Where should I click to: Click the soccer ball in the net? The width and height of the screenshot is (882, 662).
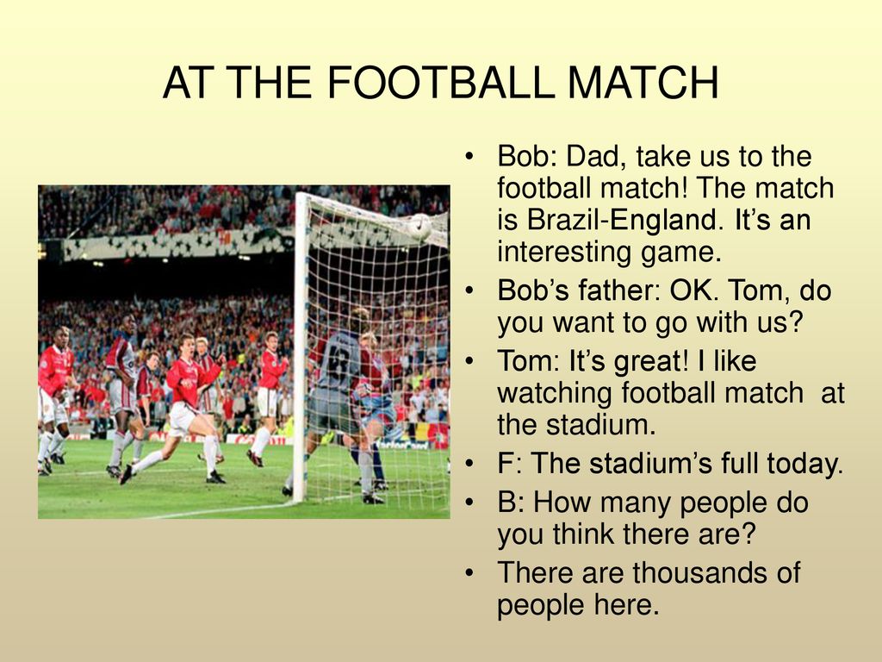tap(419, 227)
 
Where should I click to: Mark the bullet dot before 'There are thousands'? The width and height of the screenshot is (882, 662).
tap(469, 573)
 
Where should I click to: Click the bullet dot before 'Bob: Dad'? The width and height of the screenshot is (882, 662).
tap(469, 157)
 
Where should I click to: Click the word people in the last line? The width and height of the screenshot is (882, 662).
tap(541, 606)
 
